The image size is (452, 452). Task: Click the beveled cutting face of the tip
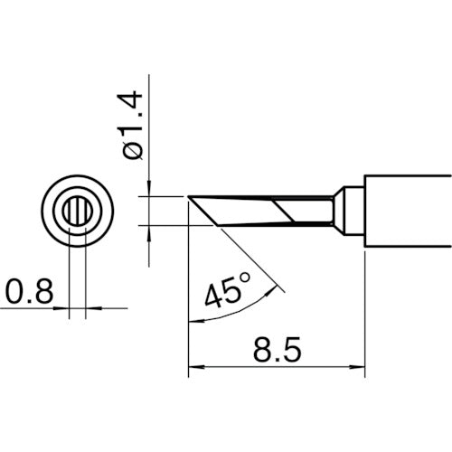[x=199, y=210]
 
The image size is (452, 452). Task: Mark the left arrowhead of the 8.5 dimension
[x=193, y=367]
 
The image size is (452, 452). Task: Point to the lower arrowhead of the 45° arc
[x=191, y=318]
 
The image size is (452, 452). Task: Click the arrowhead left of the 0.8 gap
[x=65, y=309]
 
